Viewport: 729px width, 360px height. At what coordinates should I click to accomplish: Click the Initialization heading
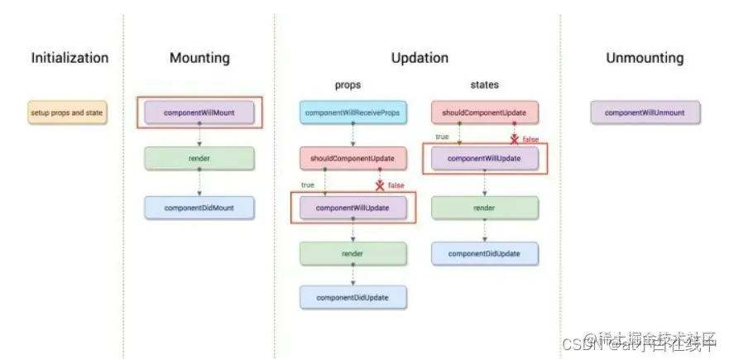[70, 58]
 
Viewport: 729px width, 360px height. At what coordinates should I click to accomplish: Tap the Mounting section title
[199, 58]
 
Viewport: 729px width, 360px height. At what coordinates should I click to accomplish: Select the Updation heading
[420, 58]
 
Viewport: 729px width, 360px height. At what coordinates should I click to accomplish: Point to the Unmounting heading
[645, 58]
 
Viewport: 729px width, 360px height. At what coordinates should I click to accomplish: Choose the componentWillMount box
[199, 112]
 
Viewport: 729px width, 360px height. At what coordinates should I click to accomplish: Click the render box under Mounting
[199, 158]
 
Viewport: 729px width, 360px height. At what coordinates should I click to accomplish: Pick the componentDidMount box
[199, 208]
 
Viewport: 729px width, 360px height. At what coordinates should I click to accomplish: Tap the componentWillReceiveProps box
[353, 112]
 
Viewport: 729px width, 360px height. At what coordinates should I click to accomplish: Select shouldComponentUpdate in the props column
[353, 158]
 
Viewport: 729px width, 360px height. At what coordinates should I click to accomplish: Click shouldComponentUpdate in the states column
[485, 112]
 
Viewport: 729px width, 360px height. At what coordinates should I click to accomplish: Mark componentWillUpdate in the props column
[353, 208]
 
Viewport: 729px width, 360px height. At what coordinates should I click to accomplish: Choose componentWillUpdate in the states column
[485, 157]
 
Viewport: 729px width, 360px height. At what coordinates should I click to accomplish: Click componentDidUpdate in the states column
[485, 253]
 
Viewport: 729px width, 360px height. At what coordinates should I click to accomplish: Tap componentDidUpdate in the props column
[353, 296]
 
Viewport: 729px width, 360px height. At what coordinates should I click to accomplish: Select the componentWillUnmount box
[645, 112]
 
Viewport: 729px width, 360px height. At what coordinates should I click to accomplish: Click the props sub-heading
[348, 84]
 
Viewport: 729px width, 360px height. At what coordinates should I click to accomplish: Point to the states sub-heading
[485, 84]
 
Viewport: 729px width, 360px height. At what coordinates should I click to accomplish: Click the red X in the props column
[380, 185]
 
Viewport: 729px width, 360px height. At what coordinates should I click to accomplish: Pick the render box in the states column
[485, 208]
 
